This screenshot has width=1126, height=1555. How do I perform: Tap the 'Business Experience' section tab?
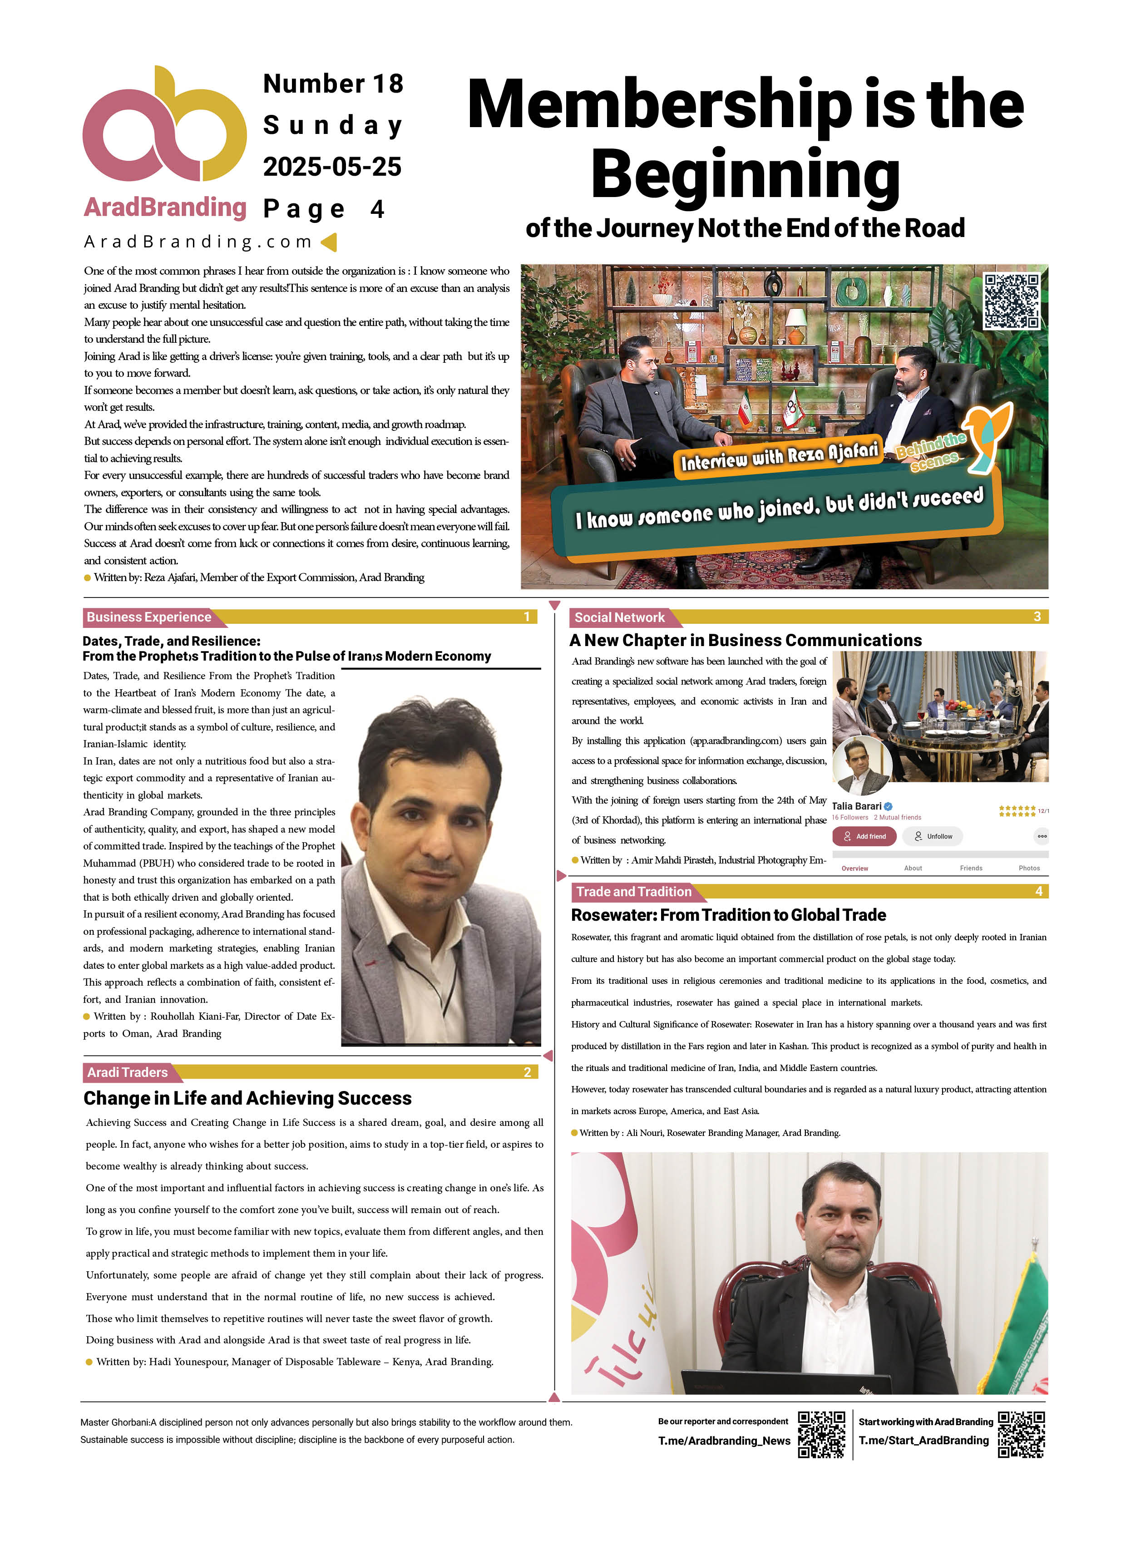click(x=149, y=617)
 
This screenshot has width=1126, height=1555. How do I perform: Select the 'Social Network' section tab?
click(x=619, y=617)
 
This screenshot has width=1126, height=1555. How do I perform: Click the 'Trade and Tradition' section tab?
click(x=634, y=891)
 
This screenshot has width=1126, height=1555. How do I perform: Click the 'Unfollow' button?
click(x=933, y=836)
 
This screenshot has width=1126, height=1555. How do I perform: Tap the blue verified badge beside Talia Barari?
click(x=889, y=806)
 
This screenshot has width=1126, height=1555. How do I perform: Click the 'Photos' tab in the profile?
click(x=1029, y=868)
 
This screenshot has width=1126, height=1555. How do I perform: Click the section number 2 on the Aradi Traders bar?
click(x=527, y=1072)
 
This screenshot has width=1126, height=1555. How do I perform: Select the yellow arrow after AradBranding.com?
click(x=329, y=242)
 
